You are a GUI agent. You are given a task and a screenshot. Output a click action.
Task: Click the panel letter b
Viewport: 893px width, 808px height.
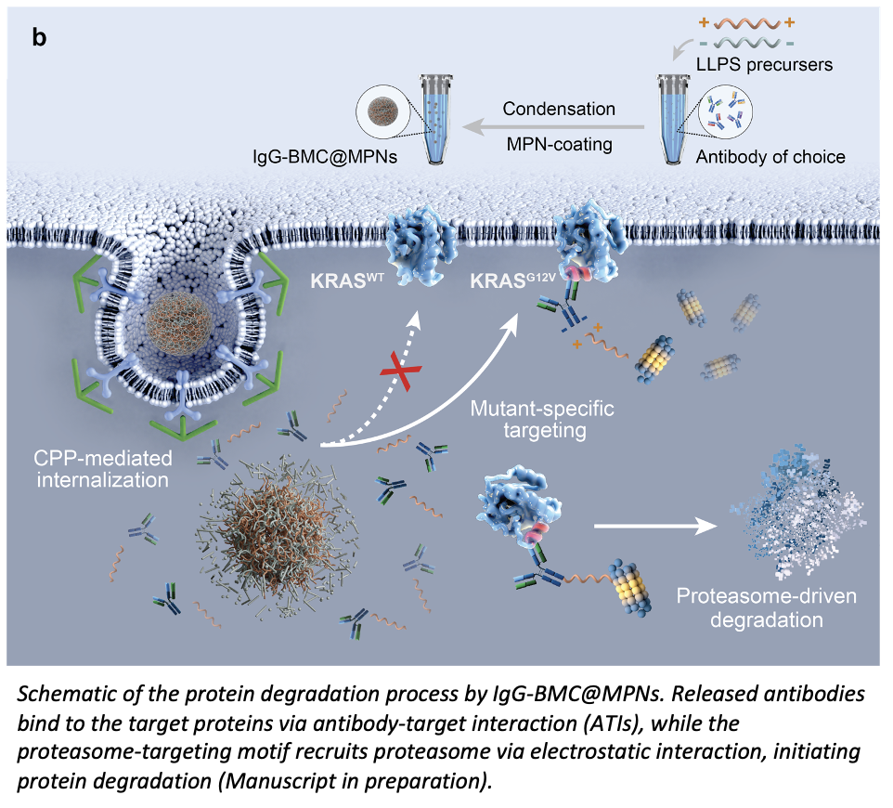pos(40,39)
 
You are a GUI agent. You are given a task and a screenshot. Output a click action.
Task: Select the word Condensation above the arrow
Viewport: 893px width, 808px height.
pos(559,109)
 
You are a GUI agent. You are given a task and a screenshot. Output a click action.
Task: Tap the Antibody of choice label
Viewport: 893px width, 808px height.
pos(770,157)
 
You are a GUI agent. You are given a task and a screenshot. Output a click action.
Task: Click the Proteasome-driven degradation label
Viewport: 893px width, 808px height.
pos(767,608)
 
